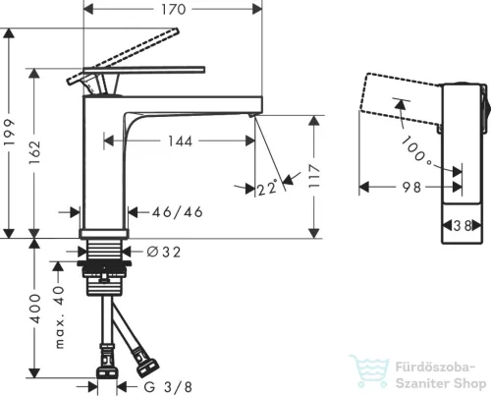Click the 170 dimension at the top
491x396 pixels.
(x=174, y=9)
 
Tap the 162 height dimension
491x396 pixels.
(x=34, y=152)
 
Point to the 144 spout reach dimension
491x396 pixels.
(x=180, y=141)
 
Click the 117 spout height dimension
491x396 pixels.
(x=314, y=176)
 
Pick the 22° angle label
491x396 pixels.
(x=267, y=188)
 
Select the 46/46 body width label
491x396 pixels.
(x=177, y=212)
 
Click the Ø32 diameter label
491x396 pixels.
(x=164, y=252)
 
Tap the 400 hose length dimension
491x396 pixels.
(x=34, y=309)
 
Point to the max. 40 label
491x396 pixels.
(x=59, y=316)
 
